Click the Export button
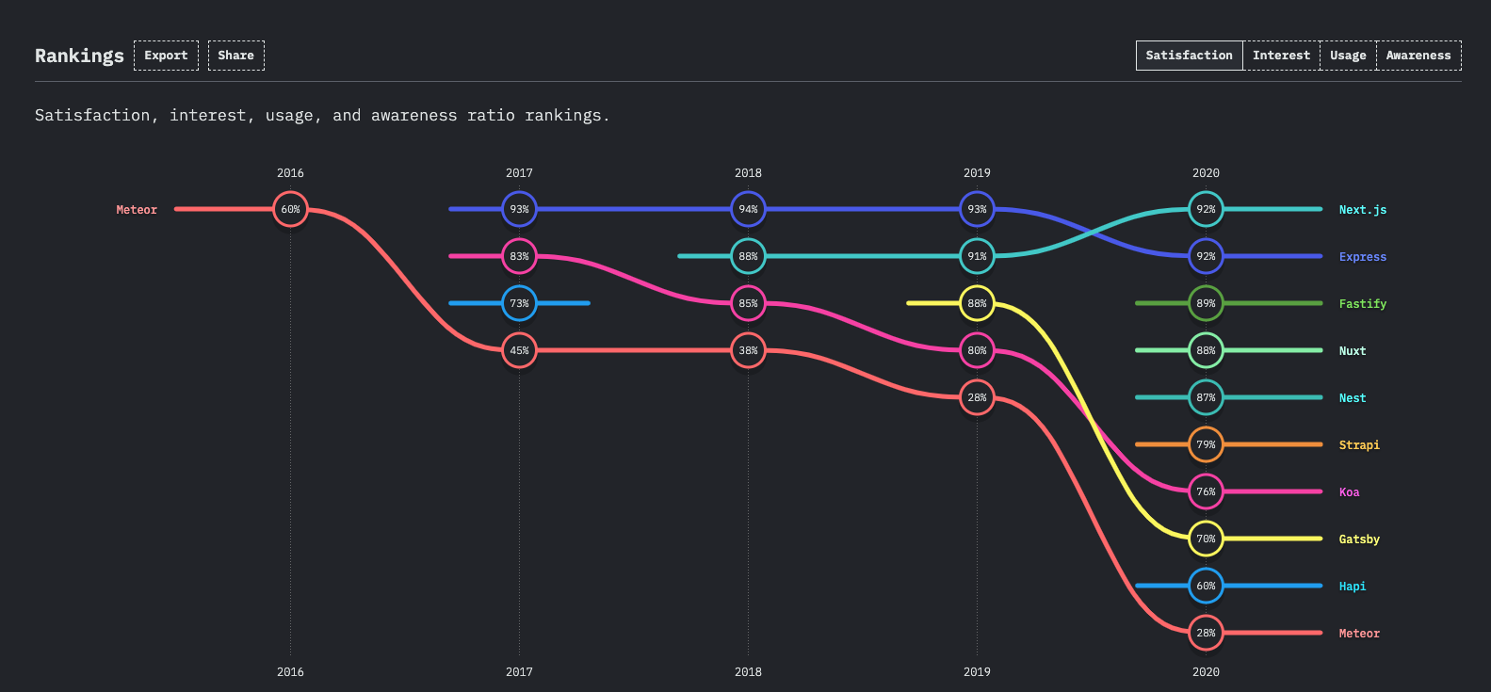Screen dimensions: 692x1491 coord(166,56)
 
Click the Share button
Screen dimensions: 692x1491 coord(235,56)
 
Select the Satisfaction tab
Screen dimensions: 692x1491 coord(1189,56)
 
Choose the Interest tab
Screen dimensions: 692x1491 coord(1281,56)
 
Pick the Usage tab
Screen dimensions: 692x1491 coord(1348,56)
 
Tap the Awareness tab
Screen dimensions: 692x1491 coord(1418,56)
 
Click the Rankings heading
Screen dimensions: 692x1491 coord(79,56)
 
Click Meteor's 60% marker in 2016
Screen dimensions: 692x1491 coord(290,209)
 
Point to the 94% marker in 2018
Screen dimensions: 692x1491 coord(748,209)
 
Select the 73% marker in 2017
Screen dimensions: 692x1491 coord(519,303)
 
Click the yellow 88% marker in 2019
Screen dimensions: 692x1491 coord(977,303)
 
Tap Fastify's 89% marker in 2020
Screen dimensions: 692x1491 coord(1206,303)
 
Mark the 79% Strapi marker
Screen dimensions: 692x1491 coord(1206,444)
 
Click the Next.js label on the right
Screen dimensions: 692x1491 coord(1362,210)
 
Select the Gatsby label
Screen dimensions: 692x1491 coord(1358,539)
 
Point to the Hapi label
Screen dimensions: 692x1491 coord(1352,587)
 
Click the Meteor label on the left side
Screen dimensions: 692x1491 coord(137,210)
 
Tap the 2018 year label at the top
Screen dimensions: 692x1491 coord(748,173)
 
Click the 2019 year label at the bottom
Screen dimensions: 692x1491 coord(977,672)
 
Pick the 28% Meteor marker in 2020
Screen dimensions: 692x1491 coord(1206,633)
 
